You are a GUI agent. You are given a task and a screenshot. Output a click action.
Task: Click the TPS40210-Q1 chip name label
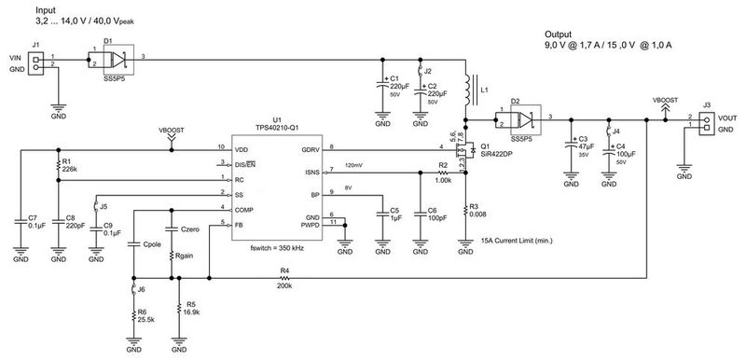click(x=275, y=129)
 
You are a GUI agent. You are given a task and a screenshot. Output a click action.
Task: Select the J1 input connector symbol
click(x=36, y=62)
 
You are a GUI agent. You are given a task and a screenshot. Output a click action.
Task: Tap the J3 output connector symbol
click(x=706, y=121)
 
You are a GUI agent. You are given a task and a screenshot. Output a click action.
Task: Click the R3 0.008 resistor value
click(x=477, y=215)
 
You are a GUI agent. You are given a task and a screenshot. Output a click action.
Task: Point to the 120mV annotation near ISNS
click(x=355, y=166)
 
